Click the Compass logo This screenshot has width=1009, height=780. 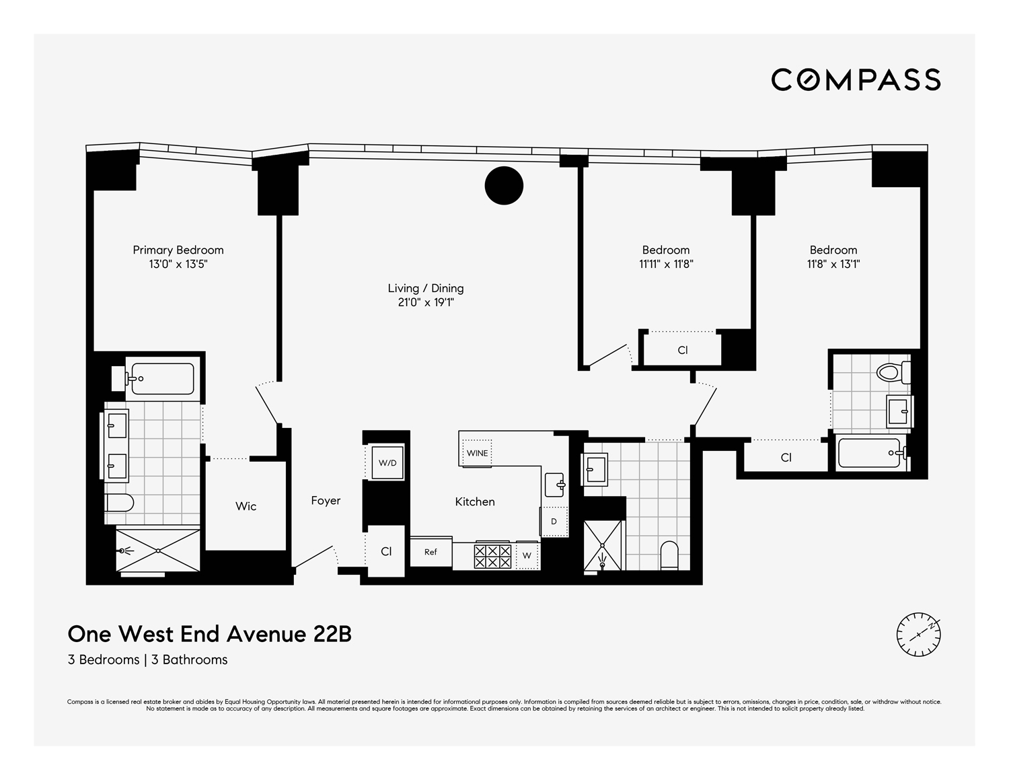[856, 79]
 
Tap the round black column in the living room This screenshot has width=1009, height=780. [504, 185]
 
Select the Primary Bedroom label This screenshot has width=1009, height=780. [178, 250]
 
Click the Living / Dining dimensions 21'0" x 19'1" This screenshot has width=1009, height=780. [426, 303]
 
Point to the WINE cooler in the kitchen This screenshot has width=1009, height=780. [477, 453]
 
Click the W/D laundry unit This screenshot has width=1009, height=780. [387, 463]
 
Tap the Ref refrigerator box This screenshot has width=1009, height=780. [431, 552]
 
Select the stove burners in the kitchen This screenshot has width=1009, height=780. [492, 556]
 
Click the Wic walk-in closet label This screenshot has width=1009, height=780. [246, 506]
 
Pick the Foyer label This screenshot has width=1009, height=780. [326, 501]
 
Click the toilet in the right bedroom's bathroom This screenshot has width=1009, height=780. [893, 372]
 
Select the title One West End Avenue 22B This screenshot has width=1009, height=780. [209, 634]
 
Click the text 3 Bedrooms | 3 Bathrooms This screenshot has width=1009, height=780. [147, 660]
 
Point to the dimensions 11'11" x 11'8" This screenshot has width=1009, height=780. [665, 264]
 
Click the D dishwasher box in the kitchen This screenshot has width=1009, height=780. [554, 522]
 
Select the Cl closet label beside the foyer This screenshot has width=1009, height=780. [386, 551]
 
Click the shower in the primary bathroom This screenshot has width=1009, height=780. [158, 550]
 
